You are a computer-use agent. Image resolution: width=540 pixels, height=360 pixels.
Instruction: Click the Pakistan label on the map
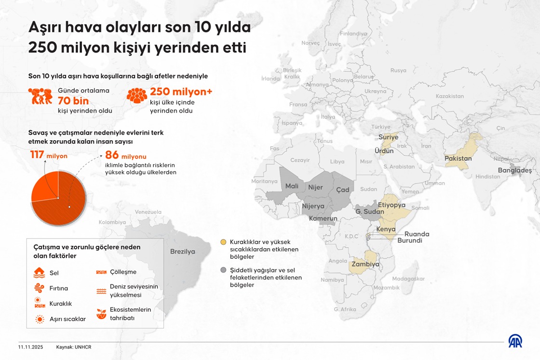[x=458, y=159]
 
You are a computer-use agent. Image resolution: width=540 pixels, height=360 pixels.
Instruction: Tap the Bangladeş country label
[x=514, y=170]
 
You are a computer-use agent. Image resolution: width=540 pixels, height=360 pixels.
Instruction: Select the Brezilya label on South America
[x=183, y=252]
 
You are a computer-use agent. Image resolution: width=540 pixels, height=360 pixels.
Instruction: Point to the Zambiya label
[x=365, y=265]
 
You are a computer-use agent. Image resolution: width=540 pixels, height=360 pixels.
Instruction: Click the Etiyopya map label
[x=391, y=205]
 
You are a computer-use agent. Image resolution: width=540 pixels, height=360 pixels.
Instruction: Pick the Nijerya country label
[x=313, y=206]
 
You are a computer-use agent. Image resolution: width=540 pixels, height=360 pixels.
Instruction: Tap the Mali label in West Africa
[x=292, y=186]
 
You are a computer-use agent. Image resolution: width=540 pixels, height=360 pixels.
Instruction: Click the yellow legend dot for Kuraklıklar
[x=223, y=242]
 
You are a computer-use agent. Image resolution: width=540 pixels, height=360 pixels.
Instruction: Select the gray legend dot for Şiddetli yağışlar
[x=223, y=270]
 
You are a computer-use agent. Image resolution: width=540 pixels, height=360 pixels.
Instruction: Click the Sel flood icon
[x=40, y=273]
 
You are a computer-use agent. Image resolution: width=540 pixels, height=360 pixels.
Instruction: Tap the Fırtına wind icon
[x=40, y=288]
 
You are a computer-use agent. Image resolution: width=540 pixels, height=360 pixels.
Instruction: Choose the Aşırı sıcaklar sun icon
[x=40, y=319]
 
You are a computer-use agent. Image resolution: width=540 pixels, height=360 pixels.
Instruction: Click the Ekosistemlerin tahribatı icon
[x=101, y=314]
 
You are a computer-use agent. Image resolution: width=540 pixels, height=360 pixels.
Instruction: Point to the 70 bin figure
[x=73, y=101]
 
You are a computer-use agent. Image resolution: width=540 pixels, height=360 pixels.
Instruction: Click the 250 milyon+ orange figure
[x=181, y=92]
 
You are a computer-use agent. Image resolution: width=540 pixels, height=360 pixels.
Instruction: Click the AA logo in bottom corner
[x=515, y=341]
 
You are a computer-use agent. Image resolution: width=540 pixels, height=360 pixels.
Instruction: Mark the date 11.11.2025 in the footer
[x=30, y=347]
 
